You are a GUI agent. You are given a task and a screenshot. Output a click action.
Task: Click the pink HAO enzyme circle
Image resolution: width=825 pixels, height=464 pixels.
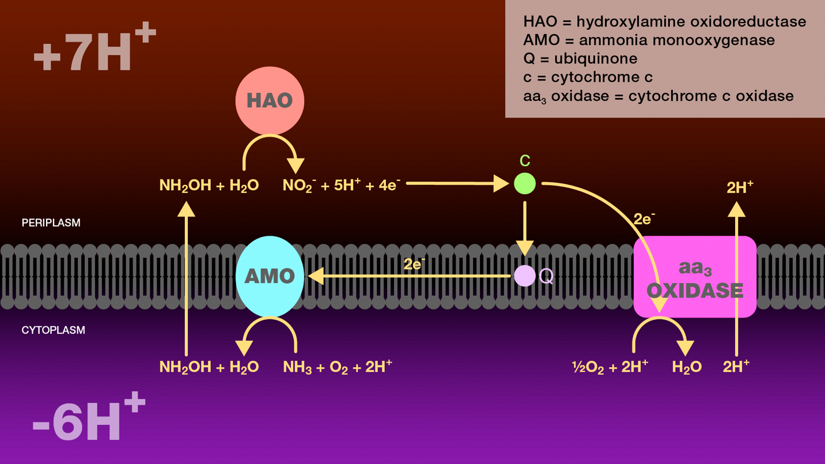tap(270, 101)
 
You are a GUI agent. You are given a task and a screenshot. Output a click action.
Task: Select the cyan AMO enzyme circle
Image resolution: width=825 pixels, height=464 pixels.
tap(270, 276)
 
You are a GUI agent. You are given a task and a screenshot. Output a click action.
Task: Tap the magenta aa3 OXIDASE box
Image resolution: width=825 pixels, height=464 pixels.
tap(695, 277)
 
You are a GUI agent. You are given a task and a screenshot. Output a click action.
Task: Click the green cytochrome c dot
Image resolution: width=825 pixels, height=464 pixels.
tap(525, 183)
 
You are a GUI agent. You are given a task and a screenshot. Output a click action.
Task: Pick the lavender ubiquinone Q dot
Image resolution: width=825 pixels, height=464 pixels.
tap(525, 276)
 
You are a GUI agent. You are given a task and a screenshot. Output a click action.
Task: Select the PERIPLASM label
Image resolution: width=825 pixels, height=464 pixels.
tap(51, 222)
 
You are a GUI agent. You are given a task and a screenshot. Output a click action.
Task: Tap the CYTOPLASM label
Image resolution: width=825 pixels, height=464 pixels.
tap(53, 330)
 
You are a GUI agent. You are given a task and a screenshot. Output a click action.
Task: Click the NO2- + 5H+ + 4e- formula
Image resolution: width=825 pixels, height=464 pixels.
tap(341, 186)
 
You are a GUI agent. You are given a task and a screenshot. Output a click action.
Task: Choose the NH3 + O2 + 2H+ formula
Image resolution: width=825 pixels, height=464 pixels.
tap(337, 367)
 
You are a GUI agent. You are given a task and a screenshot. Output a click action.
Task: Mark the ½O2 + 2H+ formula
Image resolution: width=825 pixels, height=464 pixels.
tap(610, 367)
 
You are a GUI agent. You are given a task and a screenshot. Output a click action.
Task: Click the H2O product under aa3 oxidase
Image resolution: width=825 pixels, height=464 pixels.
tap(687, 367)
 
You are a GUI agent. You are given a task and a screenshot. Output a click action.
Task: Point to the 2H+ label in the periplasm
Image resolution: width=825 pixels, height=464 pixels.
tap(740, 187)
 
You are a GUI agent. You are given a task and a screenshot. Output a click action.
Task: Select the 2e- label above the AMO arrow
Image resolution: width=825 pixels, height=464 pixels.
tap(414, 265)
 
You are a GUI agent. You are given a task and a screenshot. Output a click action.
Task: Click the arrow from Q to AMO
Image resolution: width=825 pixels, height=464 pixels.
tap(409, 277)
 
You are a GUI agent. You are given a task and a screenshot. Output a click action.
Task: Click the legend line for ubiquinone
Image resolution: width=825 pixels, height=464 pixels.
tap(580, 59)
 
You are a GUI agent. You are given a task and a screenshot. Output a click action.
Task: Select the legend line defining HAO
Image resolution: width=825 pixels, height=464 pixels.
tap(664, 22)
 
